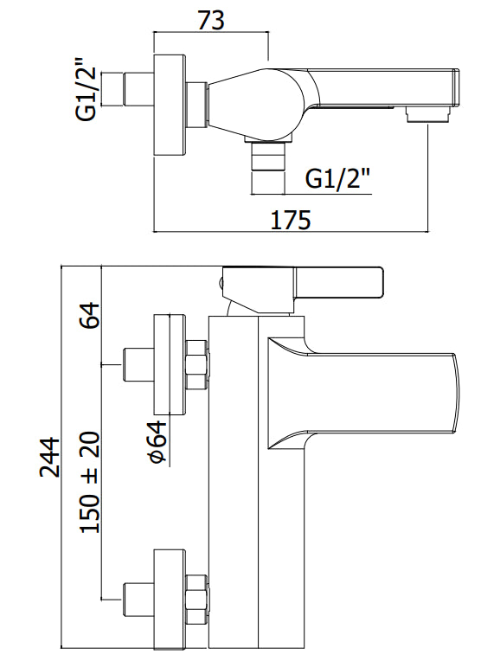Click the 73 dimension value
pos(211,20)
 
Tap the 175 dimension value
pos(291,220)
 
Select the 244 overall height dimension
pos(50,457)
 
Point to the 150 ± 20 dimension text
pos(90,482)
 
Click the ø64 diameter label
pos(157,440)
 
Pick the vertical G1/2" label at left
pos(87,94)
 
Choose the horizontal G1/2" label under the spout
pos(337,179)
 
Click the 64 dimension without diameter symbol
pos(90,315)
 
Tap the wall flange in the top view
pos(169,106)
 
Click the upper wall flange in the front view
pos(169,364)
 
